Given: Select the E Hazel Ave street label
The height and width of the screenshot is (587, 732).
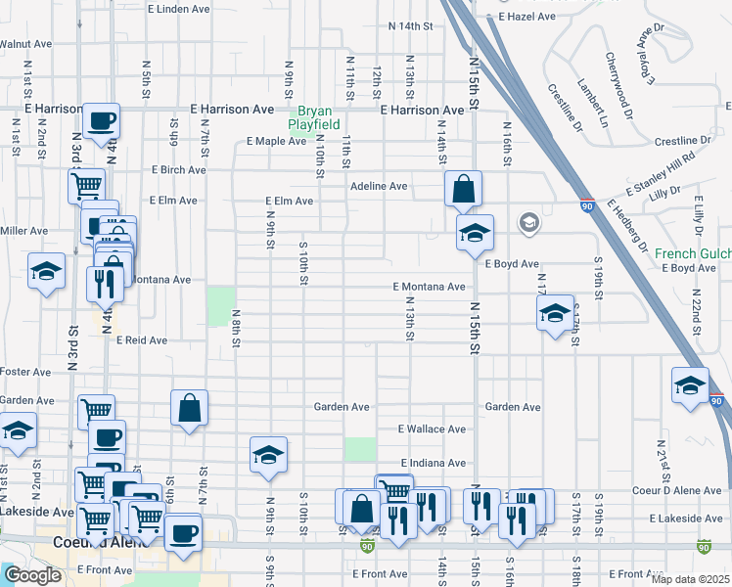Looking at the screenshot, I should point(526,17).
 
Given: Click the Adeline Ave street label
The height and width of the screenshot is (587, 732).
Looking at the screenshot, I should point(379,186).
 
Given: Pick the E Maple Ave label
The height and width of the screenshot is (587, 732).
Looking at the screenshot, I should point(277,142).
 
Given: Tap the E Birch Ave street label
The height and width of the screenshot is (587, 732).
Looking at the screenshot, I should point(178,169).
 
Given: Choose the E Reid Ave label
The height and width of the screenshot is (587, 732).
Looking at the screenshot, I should point(142,340).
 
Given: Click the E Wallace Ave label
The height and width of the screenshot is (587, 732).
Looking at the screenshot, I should point(432,429).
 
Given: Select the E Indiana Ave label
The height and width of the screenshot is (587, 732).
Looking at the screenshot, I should point(432,463).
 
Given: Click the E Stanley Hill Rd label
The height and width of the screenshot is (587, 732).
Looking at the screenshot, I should point(662,171).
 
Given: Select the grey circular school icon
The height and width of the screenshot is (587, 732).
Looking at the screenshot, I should point(528,224).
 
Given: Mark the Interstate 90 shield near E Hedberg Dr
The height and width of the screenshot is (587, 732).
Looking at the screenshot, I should point(587,207).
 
